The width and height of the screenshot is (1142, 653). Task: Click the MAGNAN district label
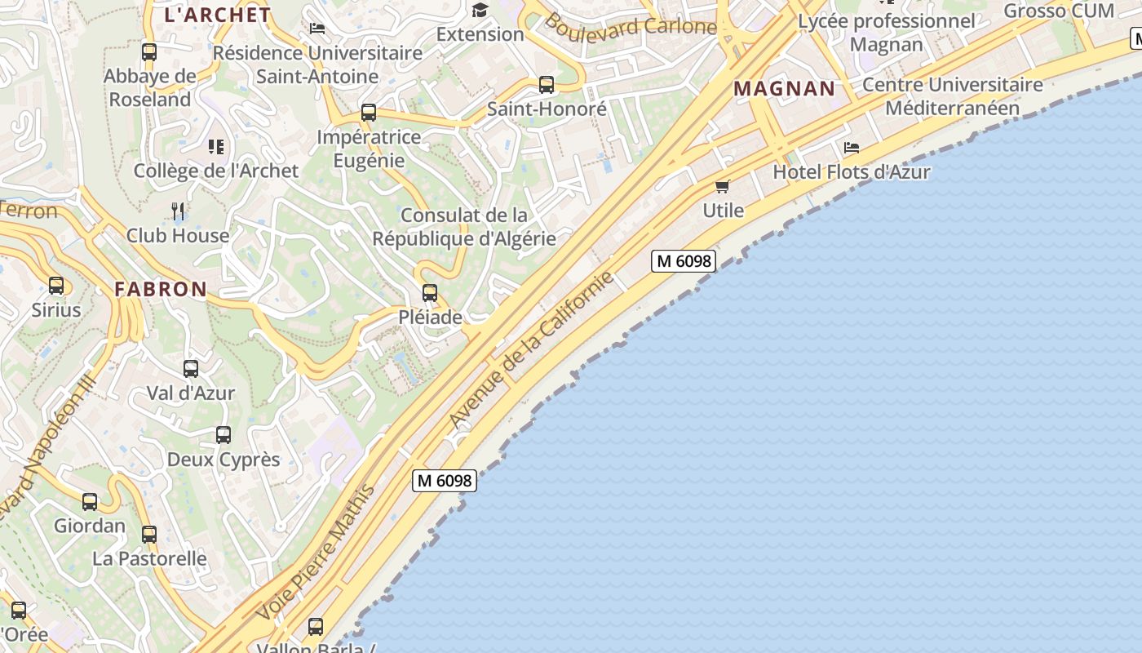(784, 89)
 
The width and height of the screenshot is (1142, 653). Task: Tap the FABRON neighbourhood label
(161, 289)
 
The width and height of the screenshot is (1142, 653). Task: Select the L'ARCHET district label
(217, 15)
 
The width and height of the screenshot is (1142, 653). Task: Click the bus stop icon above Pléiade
(430, 293)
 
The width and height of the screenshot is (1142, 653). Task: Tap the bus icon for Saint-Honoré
(547, 85)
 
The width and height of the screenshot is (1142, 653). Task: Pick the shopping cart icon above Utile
(722, 187)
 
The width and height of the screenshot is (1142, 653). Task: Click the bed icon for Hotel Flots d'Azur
(852, 148)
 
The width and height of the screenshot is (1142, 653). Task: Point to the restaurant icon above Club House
(178, 211)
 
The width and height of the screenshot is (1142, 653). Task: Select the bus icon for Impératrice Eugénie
(369, 113)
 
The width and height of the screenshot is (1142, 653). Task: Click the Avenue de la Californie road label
(531, 349)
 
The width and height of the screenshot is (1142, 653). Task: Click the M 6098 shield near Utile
(684, 261)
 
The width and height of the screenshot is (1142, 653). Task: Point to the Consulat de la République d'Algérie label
(463, 227)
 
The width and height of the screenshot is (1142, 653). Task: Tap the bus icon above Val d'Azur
(191, 369)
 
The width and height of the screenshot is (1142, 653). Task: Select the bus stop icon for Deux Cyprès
(224, 435)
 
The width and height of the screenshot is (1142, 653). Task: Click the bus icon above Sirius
(56, 286)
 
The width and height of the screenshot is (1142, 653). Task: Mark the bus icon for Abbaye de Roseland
(149, 52)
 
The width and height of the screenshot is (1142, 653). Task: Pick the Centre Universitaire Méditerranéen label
(952, 96)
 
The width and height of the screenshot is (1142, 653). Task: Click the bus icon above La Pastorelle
(149, 535)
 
